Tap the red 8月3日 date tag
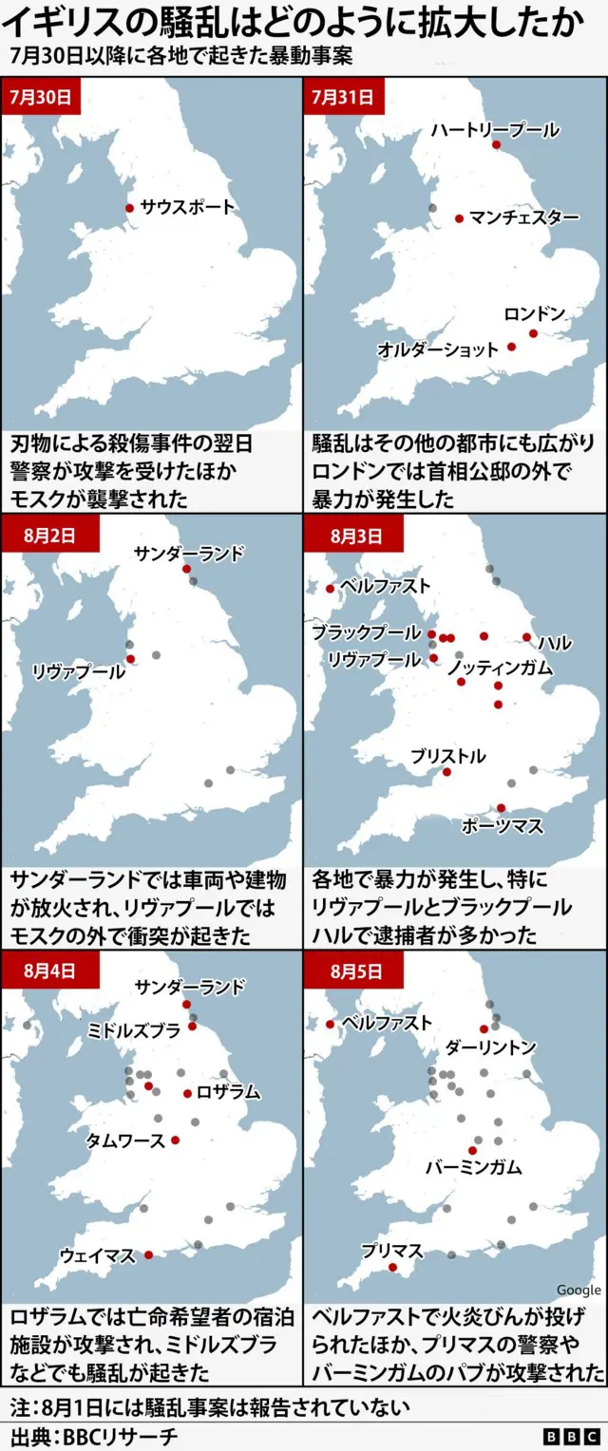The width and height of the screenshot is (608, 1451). (354, 536)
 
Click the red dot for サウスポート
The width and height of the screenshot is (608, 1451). (130, 208)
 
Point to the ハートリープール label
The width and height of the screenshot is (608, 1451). (494, 129)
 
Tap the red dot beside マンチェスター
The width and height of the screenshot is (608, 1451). (459, 218)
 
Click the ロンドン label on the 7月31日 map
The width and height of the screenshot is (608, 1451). (534, 313)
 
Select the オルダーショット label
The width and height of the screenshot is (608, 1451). (438, 349)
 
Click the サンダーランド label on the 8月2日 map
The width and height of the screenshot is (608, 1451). (189, 554)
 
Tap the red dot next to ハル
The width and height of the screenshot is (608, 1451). (527, 637)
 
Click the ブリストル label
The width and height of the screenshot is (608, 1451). (447, 756)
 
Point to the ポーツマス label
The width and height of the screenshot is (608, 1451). (502, 826)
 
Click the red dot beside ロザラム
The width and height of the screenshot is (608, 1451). (187, 1093)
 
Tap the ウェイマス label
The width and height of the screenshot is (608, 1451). (98, 1255)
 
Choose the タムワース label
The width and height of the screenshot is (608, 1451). (125, 1140)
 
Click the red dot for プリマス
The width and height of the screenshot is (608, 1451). (392, 1267)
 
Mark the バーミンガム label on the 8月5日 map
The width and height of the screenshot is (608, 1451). (473, 1167)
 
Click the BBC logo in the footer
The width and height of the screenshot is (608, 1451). (571, 1436)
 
